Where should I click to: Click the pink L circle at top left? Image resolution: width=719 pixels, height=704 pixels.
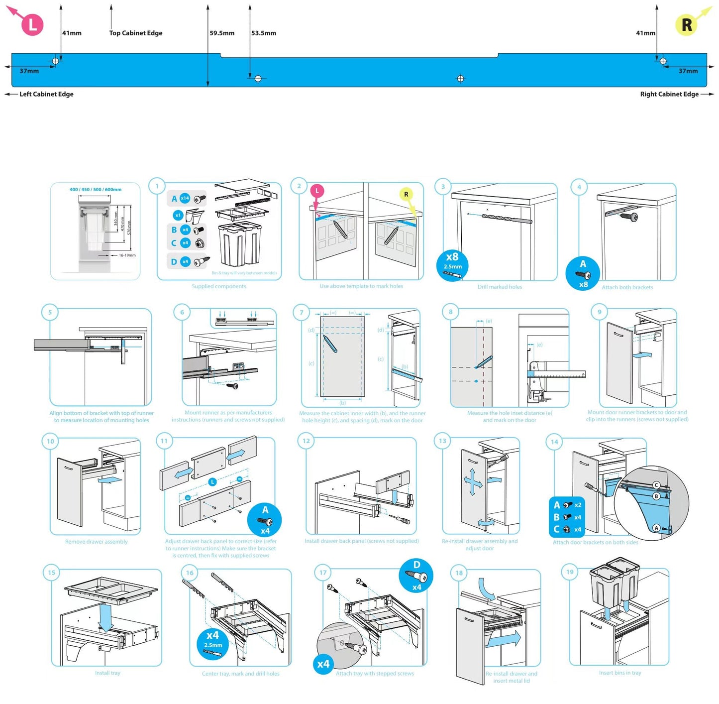point(32,24)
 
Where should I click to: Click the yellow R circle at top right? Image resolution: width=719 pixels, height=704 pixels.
point(686,25)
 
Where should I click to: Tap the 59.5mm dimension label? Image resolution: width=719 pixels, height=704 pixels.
point(222,33)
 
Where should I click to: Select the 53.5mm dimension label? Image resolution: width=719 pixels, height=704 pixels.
point(264,33)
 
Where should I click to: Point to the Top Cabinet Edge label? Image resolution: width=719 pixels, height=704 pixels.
point(136,33)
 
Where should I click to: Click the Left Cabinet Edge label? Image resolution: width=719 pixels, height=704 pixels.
point(46,94)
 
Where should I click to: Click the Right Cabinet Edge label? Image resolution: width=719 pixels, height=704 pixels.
point(669,94)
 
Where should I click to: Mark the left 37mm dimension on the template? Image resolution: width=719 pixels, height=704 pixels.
point(29,71)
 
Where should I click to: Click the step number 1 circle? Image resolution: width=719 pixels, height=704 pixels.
point(157,186)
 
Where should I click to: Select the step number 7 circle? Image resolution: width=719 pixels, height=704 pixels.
point(301,313)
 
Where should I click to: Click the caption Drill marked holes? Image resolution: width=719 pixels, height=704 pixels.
point(500,287)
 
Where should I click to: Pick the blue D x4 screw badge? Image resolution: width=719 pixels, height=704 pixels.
point(416,576)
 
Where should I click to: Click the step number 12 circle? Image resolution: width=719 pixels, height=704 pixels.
point(306,441)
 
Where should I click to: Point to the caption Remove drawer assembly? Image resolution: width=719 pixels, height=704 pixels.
point(97,542)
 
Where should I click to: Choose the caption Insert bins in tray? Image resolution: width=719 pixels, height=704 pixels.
point(620,673)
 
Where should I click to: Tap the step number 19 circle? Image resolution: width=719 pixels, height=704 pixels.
point(570,572)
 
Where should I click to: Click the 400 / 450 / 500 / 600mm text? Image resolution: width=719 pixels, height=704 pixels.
point(96,190)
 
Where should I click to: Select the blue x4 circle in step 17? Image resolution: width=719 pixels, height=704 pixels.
point(323,664)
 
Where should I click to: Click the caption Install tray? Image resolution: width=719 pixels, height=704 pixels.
point(107,673)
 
